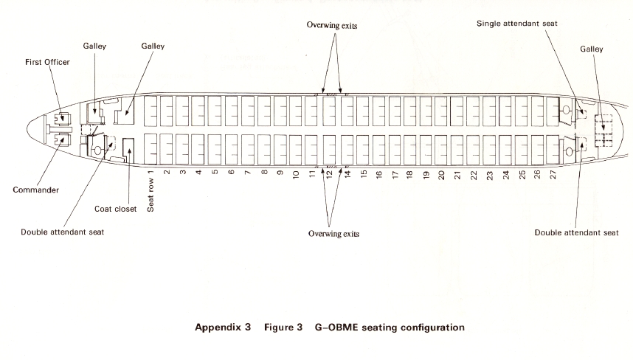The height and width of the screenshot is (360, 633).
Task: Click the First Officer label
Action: (x=48, y=63)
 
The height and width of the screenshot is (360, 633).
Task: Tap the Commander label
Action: (x=35, y=190)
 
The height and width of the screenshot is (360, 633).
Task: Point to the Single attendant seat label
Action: (x=516, y=24)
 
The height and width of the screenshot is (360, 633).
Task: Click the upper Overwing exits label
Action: (x=332, y=25)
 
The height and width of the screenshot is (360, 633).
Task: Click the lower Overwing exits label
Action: (x=333, y=233)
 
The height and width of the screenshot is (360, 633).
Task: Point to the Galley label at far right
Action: (x=591, y=49)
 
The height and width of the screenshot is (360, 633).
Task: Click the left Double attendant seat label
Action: (x=63, y=232)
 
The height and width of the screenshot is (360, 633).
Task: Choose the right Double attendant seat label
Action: (x=576, y=232)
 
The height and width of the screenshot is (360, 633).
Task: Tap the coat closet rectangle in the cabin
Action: (x=128, y=150)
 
